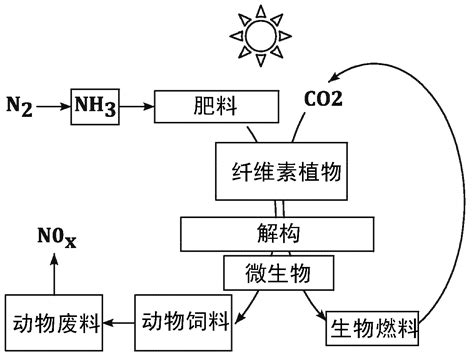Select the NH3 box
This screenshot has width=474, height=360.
click(93, 103)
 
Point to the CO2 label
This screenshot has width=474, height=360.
click(323, 101)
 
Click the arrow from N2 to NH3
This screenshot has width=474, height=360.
click(52, 103)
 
